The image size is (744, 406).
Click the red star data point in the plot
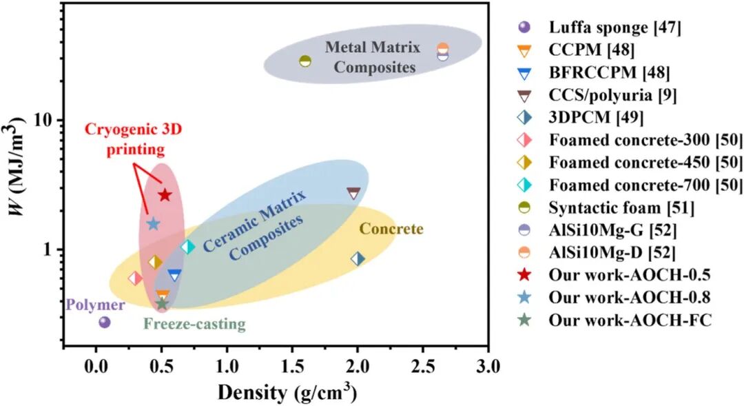[165, 195]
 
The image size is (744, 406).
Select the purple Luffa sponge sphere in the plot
[105, 323]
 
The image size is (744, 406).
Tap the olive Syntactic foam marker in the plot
[305, 61]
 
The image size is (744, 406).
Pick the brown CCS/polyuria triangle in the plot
[353, 193]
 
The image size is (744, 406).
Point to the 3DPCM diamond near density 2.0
[358, 259]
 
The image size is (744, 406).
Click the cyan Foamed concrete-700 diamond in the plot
[188, 247]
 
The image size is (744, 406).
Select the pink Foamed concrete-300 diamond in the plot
[135, 278]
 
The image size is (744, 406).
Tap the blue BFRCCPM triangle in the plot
[174, 276]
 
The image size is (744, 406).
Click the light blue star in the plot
[153, 223]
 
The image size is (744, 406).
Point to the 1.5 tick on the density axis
[292, 367]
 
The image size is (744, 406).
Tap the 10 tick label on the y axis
[45, 120]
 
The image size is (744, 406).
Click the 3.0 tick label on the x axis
[488, 367]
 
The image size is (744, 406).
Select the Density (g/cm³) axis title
[287, 392]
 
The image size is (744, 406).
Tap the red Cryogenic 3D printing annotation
[134, 140]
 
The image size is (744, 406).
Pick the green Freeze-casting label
[194, 325]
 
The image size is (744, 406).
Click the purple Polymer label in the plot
[96, 305]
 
